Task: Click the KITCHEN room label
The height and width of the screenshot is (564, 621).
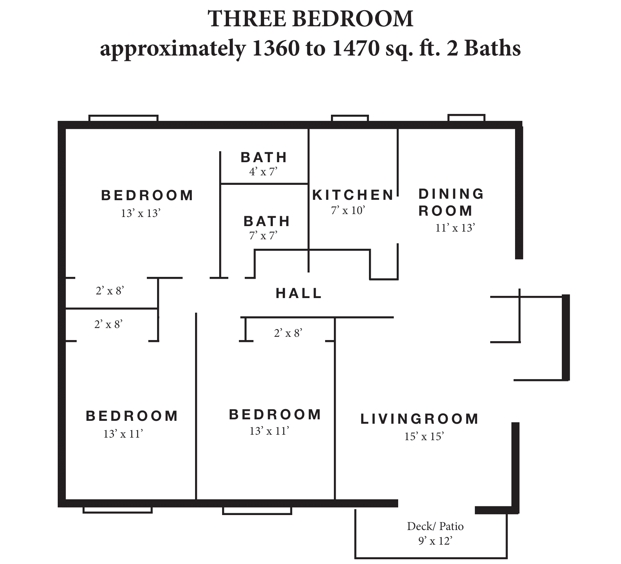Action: tap(353, 195)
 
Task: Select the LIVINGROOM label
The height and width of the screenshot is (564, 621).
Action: tap(419, 419)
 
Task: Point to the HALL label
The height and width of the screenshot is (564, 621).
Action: tap(299, 293)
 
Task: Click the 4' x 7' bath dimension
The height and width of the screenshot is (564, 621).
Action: tap(263, 171)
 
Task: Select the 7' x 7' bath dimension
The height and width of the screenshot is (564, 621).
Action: tap(263, 236)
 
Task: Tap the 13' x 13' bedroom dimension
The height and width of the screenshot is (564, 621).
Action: tap(141, 213)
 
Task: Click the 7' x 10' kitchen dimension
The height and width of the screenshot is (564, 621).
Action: tap(348, 210)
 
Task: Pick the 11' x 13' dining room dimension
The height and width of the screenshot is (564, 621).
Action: tap(455, 228)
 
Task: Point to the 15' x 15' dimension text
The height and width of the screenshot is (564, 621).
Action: tap(424, 437)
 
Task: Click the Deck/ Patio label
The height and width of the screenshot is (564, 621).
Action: tap(435, 526)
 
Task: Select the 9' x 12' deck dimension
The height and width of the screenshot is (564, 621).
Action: tap(435, 541)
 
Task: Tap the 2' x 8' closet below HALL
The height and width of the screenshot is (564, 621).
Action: tap(288, 333)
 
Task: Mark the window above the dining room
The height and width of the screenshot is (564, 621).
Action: tap(466, 118)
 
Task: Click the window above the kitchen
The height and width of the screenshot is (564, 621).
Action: tap(350, 118)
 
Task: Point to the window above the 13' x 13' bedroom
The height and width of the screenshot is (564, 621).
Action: tap(123, 118)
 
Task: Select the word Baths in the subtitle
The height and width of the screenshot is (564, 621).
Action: tap(492, 49)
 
